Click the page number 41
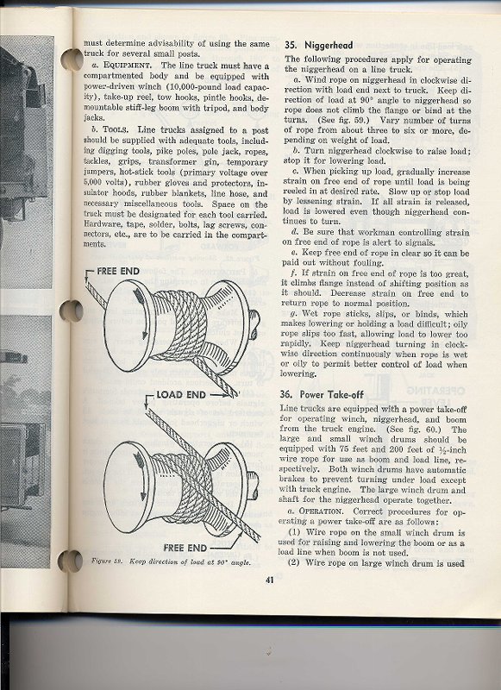[x=270, y=580]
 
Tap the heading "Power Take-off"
[x=332, y=394]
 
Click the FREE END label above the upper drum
[x=118, y=271]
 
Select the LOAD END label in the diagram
[x=181, y=395]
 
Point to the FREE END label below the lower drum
[x=185, y=548]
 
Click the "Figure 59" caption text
[x=171, y=561]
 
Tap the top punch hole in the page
[x=72, y=60]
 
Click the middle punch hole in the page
[x=71, y=310]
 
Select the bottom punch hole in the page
[x=70, y=561]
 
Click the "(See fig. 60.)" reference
[x=415, y=430]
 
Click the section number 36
[x=286, y=394]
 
